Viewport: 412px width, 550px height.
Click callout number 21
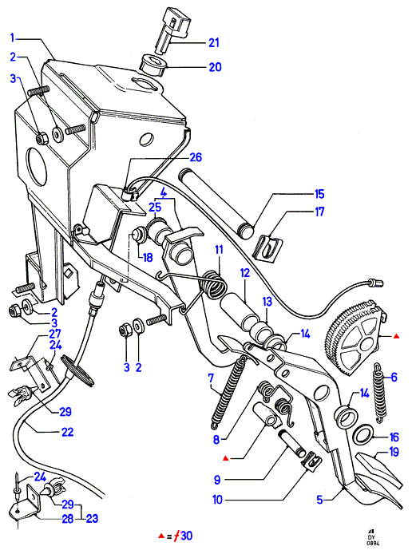coord(213,43)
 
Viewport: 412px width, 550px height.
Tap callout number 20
coord(215,66)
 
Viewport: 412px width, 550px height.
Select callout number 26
coord(196,156)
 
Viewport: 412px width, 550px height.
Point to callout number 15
coord(319,194)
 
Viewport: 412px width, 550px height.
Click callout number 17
coord(319,212)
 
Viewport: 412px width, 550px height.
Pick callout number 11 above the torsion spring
coord(219,250)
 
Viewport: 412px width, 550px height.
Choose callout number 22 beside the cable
coord(67,431)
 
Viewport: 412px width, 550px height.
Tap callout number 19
coord(394,452)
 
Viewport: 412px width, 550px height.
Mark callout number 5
coord(319,500)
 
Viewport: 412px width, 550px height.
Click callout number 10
coord(217,500)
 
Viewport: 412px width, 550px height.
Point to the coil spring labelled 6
coord(380,392)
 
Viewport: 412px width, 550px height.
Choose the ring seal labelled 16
coord(364,434)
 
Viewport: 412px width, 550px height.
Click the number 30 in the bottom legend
coord(187,536)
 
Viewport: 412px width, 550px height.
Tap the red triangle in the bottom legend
coord(161,536)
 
